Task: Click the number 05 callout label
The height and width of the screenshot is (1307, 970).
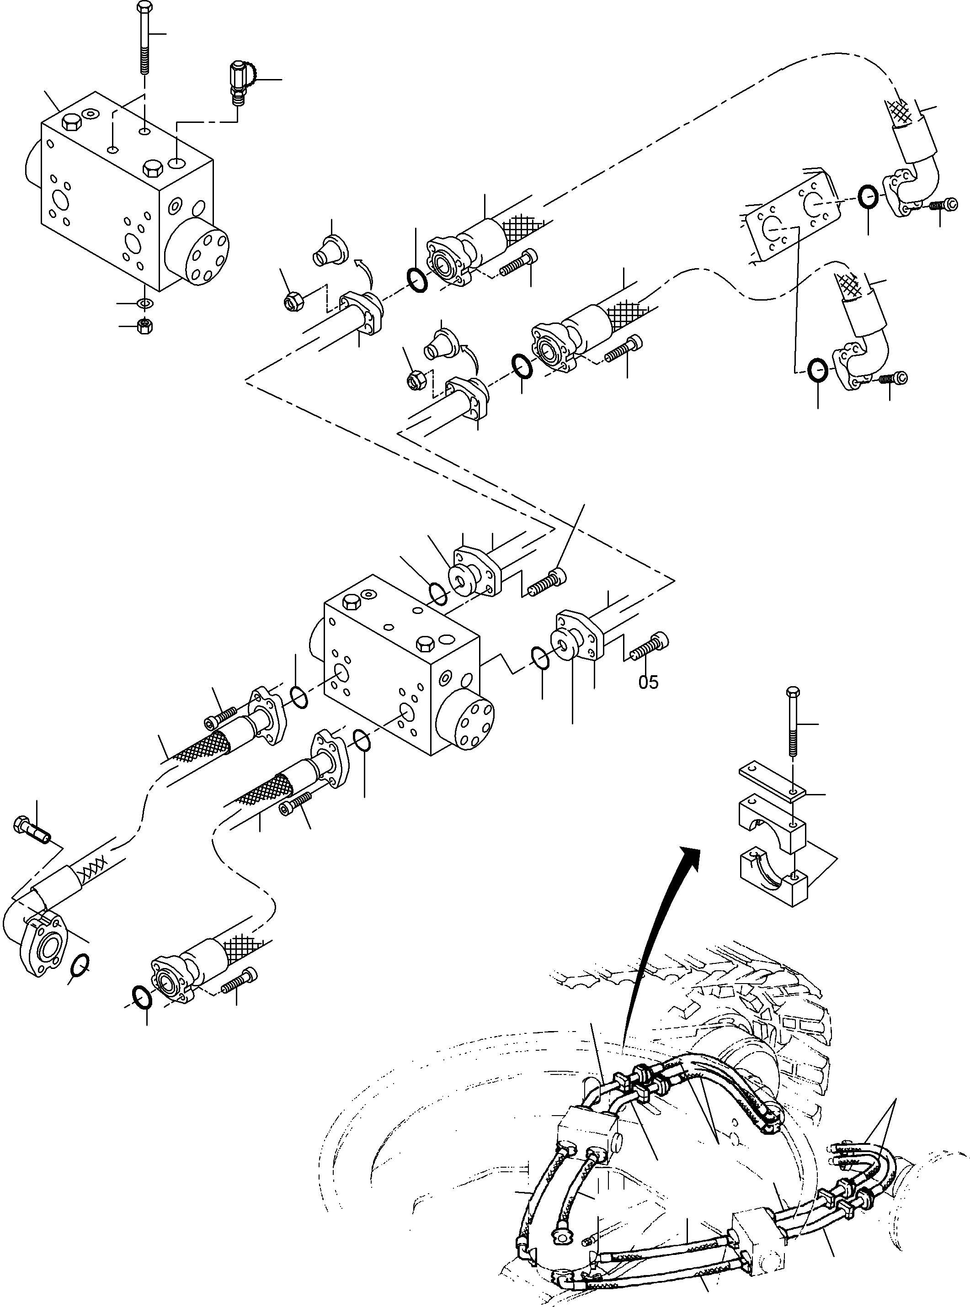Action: (x=648, y=683)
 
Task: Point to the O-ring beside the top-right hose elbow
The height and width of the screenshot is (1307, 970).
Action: (x=869, y=196)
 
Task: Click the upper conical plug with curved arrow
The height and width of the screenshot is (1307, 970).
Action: (x=325, y=249)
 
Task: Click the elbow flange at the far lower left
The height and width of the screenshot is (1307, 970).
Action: (x=40, y=951)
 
